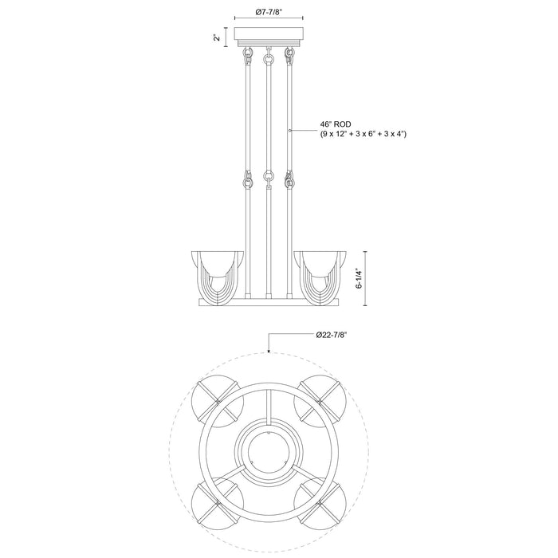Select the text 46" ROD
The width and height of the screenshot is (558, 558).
(x=335, y=124)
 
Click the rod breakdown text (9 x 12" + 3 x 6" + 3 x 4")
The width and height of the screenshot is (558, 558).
(x=363, y=134)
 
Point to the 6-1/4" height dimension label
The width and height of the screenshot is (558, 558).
(x=360, y=276)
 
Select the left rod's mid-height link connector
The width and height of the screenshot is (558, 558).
(x=247, y=180)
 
